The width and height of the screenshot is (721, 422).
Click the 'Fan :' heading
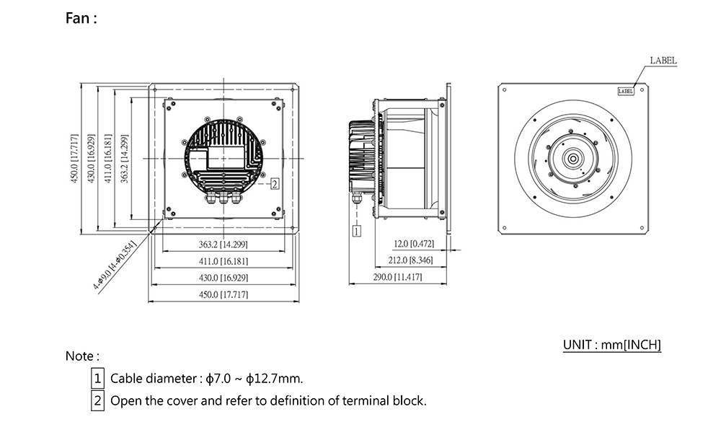click(81, 19)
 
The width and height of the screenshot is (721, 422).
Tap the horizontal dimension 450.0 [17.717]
click(224, 295)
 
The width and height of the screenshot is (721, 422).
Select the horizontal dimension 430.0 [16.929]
click(224, 278)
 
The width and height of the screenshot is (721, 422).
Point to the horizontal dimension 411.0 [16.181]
click(224, 261)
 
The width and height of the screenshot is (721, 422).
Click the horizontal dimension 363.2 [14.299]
click(224, 245)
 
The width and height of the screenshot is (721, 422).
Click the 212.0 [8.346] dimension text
click(410, 260)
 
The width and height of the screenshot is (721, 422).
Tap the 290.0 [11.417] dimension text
click(399, 277)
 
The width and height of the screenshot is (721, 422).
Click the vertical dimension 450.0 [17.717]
click(74, 159)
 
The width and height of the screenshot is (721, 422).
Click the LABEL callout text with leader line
click(663, 61)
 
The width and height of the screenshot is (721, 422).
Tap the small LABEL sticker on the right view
click(626, 92)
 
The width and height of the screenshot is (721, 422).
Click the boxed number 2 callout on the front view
click(275, 183)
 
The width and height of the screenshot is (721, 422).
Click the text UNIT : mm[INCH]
click(611, 345)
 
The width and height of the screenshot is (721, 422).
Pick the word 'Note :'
click(82, 356)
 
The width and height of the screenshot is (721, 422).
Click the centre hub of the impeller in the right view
click(574, 159)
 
